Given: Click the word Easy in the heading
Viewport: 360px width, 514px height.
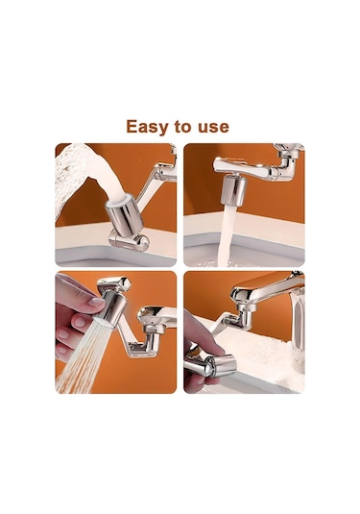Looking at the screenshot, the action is point(148,127).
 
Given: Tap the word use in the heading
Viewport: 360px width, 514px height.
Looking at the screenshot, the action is point(213,128).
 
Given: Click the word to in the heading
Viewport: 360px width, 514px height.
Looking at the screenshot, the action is point(183,127).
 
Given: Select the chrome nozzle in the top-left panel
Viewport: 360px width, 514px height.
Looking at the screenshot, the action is point(125,214).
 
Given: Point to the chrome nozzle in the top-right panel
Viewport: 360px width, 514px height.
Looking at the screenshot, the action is point(234,190).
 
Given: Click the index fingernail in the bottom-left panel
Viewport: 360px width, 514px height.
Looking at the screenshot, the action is point(96,302).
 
